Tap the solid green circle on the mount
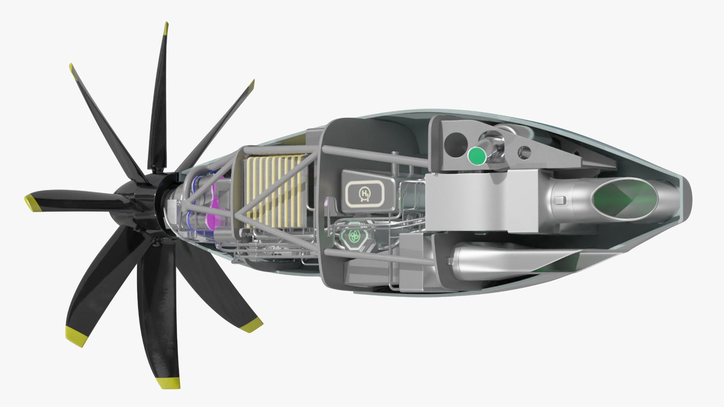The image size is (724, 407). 477,156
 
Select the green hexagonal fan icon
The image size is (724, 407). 354,236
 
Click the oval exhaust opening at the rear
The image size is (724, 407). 624,197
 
